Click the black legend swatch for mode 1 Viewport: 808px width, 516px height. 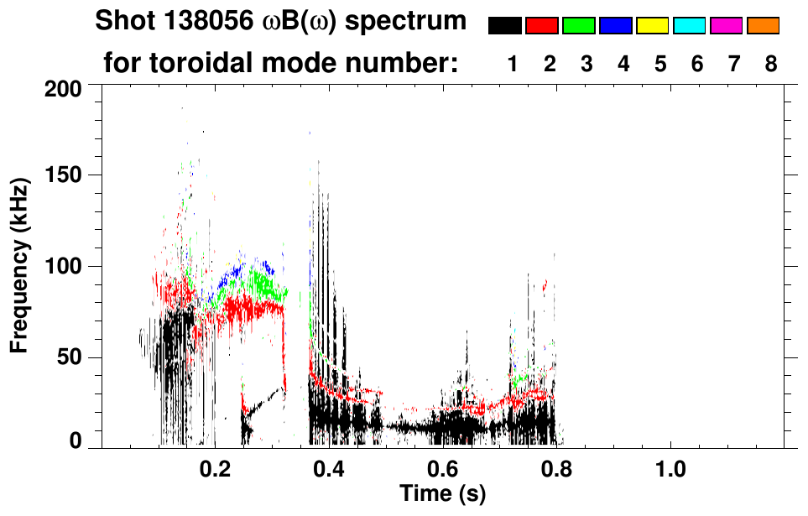tap(505, 26)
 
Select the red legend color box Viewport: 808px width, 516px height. tap(542, 26)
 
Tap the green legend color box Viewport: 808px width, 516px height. tap(579, 26)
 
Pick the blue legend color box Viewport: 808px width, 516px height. tap(616, 26)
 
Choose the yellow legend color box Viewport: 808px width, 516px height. tap(653, 26)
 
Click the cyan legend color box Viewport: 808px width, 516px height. tap(690, 26)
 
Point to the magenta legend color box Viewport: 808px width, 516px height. tap(727, 26)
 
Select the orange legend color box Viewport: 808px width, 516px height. tap(764, 26)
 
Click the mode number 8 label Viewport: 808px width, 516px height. tap(770, 64)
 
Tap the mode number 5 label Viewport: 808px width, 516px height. tap(659, 64)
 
